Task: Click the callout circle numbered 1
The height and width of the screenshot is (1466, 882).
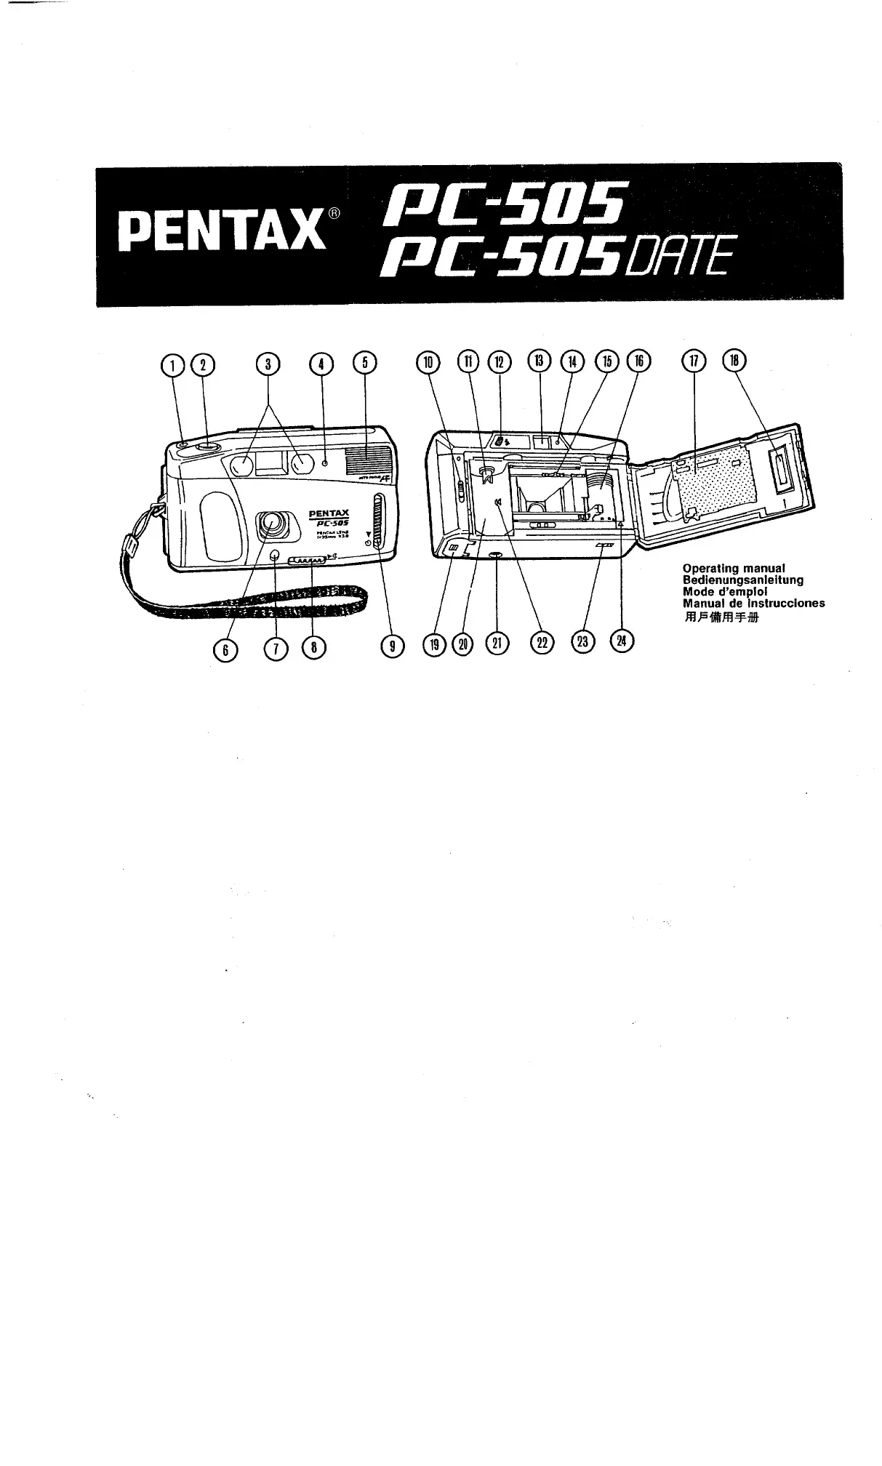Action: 173,364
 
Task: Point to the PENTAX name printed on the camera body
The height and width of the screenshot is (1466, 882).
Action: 329,514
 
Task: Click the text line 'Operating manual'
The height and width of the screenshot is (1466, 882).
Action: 735,568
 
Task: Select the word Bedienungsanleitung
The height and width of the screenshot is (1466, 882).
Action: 742,580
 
